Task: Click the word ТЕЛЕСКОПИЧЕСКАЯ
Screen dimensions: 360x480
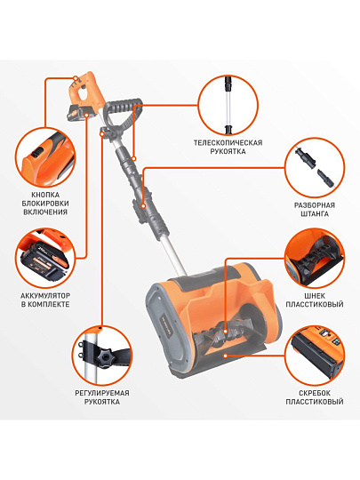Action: click(x=228, y=142)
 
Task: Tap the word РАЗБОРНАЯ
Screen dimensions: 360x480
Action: click(x=315, y=205)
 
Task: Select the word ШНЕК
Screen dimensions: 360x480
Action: click(x=315, y=296)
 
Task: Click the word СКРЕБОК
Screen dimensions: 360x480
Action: click(x=315, y=393)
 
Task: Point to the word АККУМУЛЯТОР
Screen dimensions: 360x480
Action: click(x=45, y=296)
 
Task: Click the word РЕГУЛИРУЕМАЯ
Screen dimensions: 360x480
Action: click(x=102, y=393)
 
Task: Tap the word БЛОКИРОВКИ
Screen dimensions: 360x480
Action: click(x=45, y=204)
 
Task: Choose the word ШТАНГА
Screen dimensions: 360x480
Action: click(x=315, y=213)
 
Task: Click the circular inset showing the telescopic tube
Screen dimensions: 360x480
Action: click(x=228, y=105)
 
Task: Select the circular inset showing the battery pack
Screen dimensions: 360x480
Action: click(x=45, y=258)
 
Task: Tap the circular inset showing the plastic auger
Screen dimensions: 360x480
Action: click(x=315, y=258)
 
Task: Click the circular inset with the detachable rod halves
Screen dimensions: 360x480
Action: click(x=315, y=168)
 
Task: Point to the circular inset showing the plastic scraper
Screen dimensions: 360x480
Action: click(x=315, y=355)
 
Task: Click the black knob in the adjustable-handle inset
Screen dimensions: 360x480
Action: click(x=105, y=357)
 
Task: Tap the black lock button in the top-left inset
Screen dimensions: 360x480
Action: click(x=39, y=151)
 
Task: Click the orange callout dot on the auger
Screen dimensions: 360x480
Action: click(x=225, y=332)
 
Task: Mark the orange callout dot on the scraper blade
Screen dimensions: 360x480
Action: click(x=225, y=356)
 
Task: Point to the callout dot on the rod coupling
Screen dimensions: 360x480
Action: click(x=143, y=206)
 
